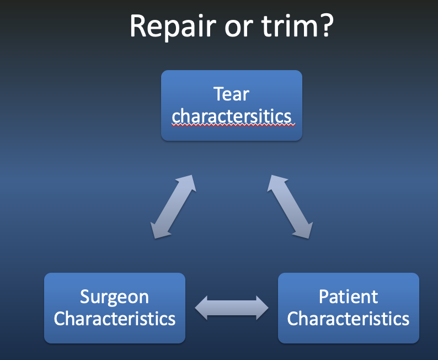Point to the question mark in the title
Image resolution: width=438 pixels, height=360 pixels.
pos(324,25)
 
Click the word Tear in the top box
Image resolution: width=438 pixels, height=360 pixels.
pos(231,94)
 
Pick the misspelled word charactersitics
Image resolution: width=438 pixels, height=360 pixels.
pos(232,116)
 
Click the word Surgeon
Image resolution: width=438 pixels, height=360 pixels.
pos(114,297)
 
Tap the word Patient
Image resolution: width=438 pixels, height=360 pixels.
pos(348,297)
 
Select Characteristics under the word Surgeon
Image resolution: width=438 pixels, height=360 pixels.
pos(115,319)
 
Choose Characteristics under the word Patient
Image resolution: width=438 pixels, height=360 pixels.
pos(348,319)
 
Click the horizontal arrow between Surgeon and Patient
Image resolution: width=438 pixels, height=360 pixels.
pos(232,308)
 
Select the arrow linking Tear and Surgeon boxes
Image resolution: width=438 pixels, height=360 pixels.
pos(174,207)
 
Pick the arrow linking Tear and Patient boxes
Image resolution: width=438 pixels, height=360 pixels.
pos(290,207)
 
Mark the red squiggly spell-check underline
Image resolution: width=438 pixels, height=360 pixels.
pos(233,125)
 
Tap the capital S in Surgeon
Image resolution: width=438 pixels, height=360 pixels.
pos(85,297)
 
